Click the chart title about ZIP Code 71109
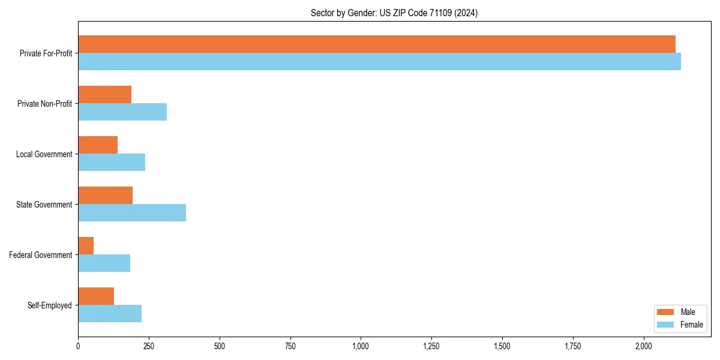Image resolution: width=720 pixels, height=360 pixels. pyautogui.click(x=394, y=13)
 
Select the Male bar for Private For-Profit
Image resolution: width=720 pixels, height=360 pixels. pyautogui.click(x=377, y=44)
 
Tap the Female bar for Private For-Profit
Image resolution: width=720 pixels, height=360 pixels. pyautogui.click(x=379, y=62)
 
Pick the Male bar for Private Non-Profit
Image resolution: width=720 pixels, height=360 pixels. pyautogui.click(x=104, y=95)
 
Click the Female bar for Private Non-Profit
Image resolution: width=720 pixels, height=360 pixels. pyautogui.click(x=122, y=112)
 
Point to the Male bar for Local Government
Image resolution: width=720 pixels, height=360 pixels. pyautogui.click(x=98, y=145)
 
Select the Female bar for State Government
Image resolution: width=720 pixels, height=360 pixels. pyautogui.click(x=132, y=213)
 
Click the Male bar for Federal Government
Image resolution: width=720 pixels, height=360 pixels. pyautogui.click(x=86, y=246)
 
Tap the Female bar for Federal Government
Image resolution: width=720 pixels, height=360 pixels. pyautogui.click(x=104, y=263)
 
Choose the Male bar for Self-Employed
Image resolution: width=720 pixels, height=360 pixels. pyautogui.click(x=96, y=296)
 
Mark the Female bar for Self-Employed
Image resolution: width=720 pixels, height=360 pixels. pyautogui.click(x=110, y=314)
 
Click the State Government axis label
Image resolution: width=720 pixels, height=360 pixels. pyautogui.click(x=44, y=205)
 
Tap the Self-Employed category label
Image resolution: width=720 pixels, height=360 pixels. pyautogui.click(x=49, y=305)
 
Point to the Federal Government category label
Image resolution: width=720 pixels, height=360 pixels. pyautogui.click(x=41, y=255)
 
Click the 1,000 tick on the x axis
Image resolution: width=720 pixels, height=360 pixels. pyautogui.click(x=361, y=346)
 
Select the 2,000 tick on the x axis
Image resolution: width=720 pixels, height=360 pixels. pyautogui.click(x=643, y=346)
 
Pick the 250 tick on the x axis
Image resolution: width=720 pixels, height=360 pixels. pyautogui.click(x=149, y=346)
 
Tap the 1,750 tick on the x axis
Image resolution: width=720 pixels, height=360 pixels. pyautogui.click(x=572, y=346)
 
